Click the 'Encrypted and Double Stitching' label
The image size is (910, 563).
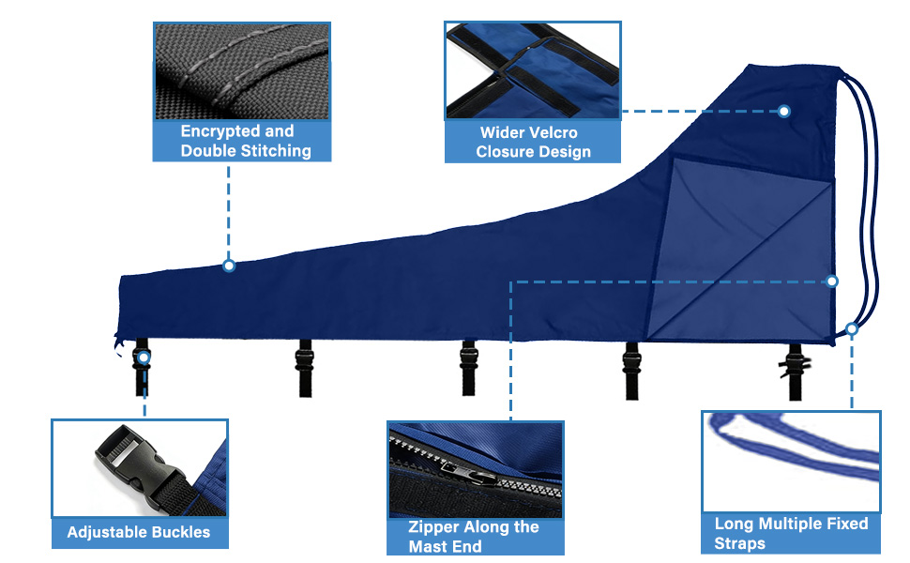pos(246,141)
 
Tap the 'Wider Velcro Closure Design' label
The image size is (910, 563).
pos(533,143)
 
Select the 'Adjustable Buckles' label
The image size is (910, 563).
pos(139,532)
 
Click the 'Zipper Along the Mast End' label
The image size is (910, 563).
pos(474,537)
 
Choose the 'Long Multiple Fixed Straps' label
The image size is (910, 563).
pos(791,533)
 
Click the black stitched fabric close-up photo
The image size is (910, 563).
pos(242,71)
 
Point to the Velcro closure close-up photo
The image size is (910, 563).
pos(533,70)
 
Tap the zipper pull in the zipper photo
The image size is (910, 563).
pos(469,472)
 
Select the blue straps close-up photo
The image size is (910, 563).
pos(791,462)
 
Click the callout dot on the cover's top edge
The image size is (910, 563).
pos(229,266)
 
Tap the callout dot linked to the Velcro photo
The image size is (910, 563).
pos(784,111)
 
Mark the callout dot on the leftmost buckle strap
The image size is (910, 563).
pos(144,358)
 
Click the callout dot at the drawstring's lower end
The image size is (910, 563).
pos(852,329)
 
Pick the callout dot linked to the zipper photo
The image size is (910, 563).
pos(831,281)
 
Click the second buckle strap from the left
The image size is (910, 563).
pos(305,368)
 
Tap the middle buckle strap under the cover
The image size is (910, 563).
pos(468,368)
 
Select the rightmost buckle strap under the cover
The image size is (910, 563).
pos(796,372)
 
